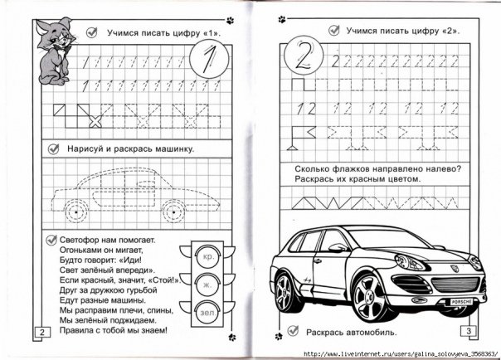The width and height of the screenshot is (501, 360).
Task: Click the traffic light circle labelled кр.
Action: coord(206,258)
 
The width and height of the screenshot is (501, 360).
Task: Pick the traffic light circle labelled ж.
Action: coord(206,285)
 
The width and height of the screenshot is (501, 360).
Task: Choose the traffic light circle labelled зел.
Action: coord(206,314)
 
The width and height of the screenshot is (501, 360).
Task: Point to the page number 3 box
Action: coord(469,332)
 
